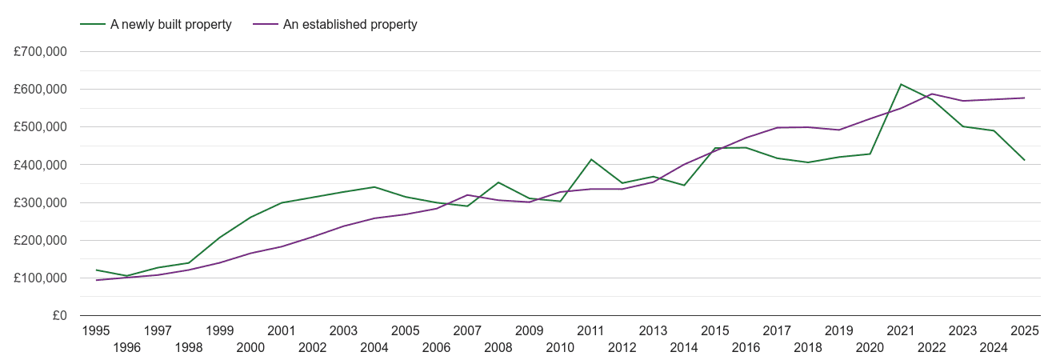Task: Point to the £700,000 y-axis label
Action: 40,52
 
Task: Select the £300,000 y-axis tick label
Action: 40,203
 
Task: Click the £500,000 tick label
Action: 40,127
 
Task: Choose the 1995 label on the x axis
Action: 96,330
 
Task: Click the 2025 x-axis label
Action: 1024,330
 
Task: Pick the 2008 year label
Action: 498,347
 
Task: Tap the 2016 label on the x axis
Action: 746,347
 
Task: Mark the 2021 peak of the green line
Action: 901,84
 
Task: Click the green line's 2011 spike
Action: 591,159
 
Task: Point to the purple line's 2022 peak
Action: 932,94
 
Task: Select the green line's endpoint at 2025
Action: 1025,161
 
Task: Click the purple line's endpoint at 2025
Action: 1025,98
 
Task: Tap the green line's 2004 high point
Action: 374,187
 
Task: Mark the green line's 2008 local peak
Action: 498,182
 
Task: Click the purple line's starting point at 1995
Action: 96,280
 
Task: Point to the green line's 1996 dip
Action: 126,276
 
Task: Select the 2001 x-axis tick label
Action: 282,330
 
